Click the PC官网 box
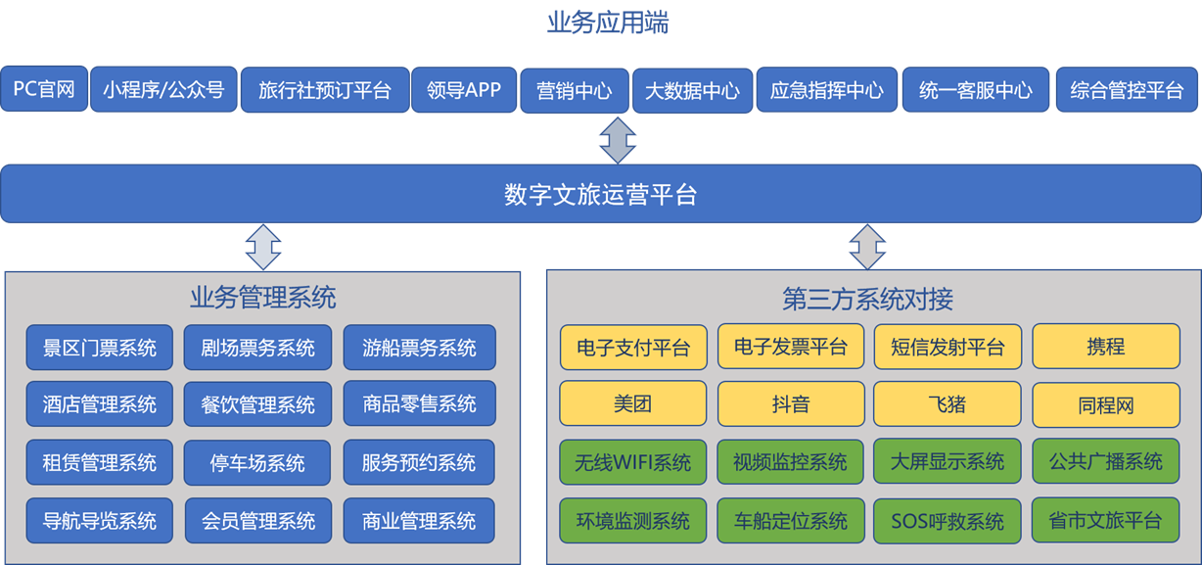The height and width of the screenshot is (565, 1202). (x=44, y=90)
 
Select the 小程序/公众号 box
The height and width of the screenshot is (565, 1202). (x=163, y=90)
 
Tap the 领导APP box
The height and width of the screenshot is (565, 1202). (x=464, y=90)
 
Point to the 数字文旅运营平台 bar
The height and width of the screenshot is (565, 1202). (x=600, y=194)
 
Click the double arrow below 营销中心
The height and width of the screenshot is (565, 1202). (x=618, y=139)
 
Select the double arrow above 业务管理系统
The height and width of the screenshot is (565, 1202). (x=262, y=247)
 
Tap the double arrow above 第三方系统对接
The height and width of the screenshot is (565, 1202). (x=866, y=247)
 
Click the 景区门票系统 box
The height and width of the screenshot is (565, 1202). (x=100, y=348)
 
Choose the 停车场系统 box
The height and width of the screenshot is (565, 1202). (x=257, y=462)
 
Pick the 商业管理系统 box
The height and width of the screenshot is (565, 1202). (x=419, y=519)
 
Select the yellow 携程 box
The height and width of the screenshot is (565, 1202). (x=1106, y=347)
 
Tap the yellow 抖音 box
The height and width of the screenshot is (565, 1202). (x=791, y=403)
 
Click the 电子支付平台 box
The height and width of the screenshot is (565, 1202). (x=633, y=348)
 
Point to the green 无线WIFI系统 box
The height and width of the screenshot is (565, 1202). (x=633, y=462)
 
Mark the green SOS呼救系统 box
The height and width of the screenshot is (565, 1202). (x=948, y=520)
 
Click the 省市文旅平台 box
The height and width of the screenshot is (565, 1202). (x=1105, y=519)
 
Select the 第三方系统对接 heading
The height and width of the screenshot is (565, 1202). (x=867, y=298)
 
